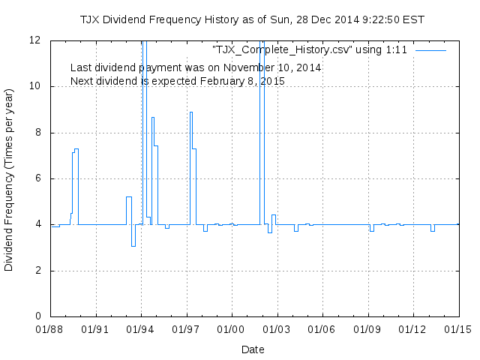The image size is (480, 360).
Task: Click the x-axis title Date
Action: click(253, 349)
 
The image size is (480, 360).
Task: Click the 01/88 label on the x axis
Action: click(51, 328)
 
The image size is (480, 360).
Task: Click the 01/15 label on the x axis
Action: click(458, 328)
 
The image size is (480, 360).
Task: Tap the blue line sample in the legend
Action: click(430, 49)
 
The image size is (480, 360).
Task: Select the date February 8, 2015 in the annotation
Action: click(241, 80)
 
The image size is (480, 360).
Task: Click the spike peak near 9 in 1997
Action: click(191, 112)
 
